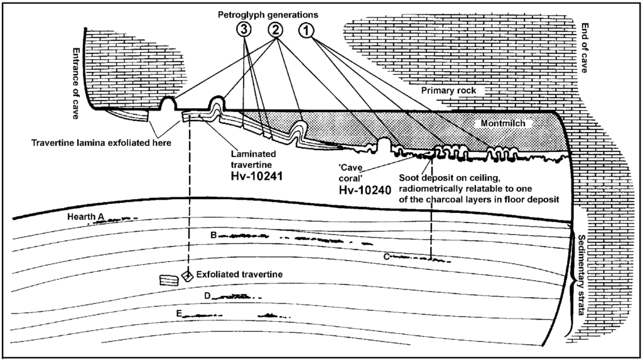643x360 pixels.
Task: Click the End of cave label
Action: click(585, 48)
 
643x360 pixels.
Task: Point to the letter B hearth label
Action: click(213, 235)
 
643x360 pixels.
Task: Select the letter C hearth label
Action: click(387, 255)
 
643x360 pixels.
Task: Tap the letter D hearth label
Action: click(207, 295)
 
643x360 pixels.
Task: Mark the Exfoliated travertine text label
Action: click(237, 275)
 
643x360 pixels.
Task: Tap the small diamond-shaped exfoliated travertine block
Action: click(186, 276)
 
